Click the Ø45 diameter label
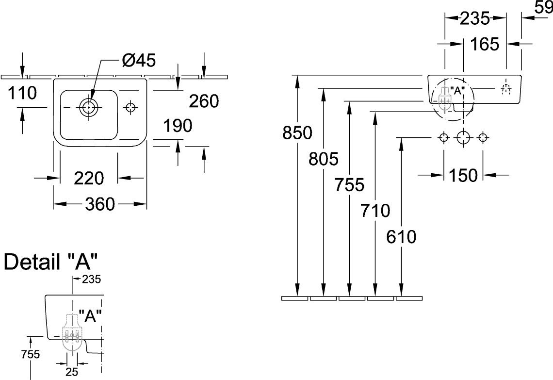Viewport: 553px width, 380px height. tap(139, 61)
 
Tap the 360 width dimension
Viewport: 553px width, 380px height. tap(100, 205)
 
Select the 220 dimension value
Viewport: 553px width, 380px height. tap(89, 179)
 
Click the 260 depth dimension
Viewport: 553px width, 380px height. tap(204, 101)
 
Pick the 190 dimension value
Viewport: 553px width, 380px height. tap(177, 126)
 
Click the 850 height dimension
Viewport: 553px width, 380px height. tap(297, 132)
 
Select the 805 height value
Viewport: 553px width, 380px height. tap(323, 158)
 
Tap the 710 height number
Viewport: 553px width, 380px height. tap(375, 211)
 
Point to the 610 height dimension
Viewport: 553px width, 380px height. tap(401, 237)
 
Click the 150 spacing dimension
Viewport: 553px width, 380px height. tap(463, 175)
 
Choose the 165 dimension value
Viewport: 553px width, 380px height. tap(485, 45)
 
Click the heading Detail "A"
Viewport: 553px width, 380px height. tap(51, 263)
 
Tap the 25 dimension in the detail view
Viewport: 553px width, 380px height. tap(72, 372)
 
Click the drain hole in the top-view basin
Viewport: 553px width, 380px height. tap(89, 107)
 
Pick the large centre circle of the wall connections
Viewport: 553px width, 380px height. tap(463, 138)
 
